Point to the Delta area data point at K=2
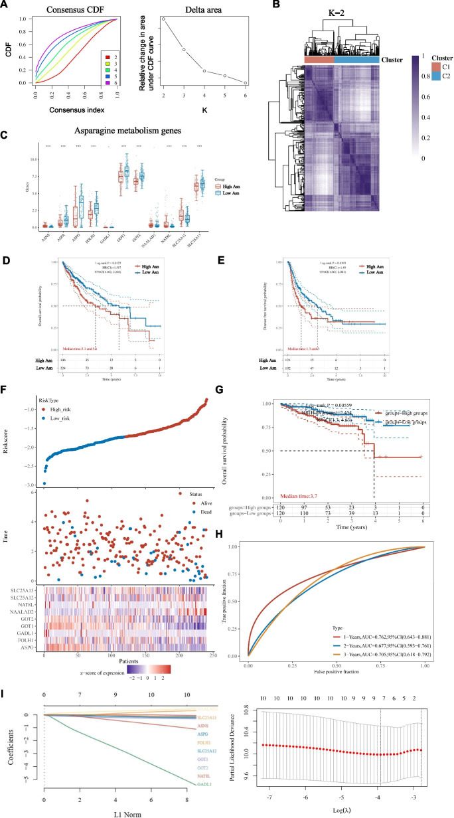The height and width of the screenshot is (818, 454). tap(163, 19)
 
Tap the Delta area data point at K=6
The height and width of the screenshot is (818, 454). tap(246, 83)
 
